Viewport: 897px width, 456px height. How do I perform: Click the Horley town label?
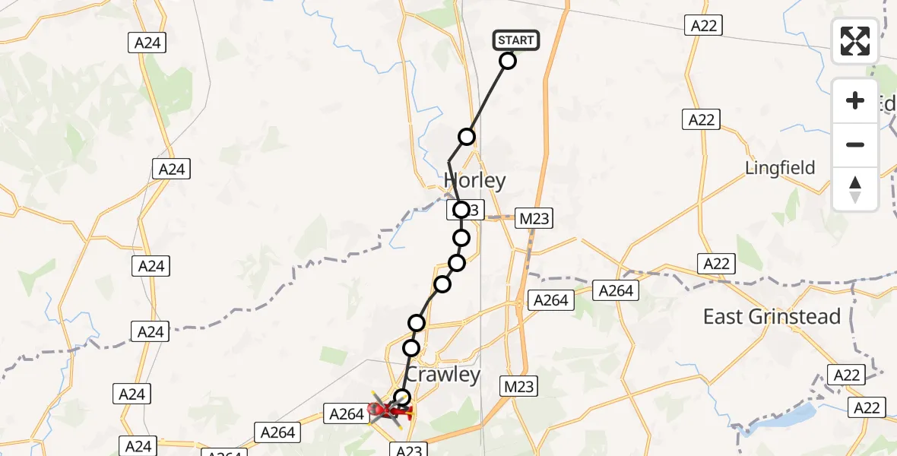[475, 181]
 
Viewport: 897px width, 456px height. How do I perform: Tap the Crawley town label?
[442, 375]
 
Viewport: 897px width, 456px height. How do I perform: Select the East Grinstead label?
[772, 317]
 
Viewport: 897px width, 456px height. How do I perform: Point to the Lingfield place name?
[781, 168]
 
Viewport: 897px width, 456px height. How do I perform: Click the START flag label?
[517, 40]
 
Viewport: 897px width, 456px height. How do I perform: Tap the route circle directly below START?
[508, 61]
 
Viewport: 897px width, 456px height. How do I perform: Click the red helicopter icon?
[390, 411]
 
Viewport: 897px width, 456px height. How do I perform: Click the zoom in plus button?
[855, 100]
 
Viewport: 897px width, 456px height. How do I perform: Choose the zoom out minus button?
[855, 144]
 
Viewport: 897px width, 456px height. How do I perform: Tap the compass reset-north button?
[855, 188]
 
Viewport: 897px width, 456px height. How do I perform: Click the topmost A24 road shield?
[147, 43]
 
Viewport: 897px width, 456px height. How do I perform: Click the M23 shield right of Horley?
[534, 219]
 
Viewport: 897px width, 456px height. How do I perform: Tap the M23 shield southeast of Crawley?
[519, 387]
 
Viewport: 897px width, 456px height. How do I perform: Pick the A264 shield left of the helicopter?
[347, 414]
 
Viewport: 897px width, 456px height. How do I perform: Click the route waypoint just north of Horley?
[467, 137]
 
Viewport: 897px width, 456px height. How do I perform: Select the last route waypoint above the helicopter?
[402, 397]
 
